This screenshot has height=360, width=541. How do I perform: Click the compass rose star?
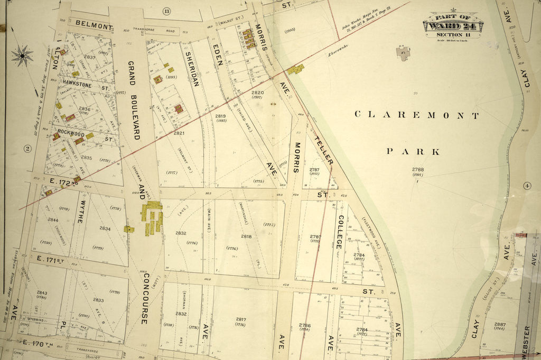click(22, 54)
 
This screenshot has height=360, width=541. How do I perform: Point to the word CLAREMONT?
click(417, 115)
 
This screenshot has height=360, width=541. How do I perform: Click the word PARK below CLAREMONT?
click(413, 152)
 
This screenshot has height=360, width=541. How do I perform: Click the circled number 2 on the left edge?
click(27, 149)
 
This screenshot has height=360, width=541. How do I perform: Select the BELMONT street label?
click(94, 25)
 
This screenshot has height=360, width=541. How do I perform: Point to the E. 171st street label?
click(50, 259)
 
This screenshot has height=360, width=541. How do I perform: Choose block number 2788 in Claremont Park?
click(418, 170)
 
